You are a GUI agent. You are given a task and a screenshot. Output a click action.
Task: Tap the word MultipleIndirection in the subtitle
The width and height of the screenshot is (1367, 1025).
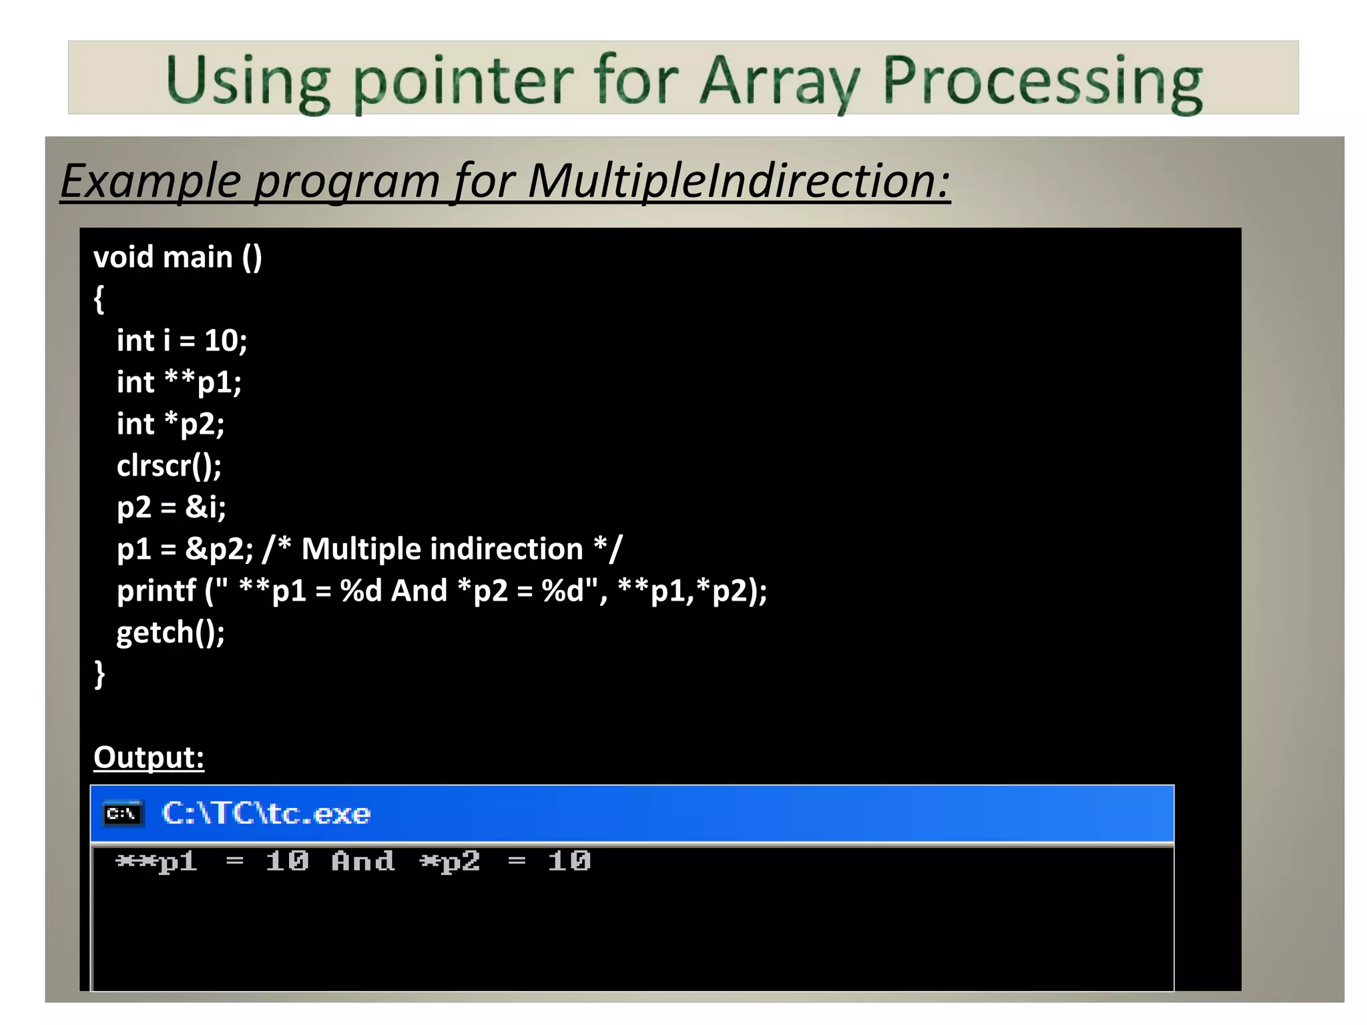(x=738, y=181)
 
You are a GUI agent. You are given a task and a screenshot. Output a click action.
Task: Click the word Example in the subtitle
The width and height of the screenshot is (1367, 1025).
(x=151, y=181)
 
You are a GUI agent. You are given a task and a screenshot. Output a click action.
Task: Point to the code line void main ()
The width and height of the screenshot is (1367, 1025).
(x=178, y=258)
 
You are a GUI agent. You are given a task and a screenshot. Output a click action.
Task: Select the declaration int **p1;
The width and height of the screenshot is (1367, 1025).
(x=179, y=382)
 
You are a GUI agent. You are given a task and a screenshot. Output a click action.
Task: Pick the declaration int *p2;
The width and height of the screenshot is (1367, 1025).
(x=170, y=424)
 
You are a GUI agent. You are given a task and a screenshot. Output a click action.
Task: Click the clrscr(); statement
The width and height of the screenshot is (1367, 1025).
(x=169, y=466)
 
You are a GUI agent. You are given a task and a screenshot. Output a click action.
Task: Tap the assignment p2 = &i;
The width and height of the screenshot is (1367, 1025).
(x=172, y=507)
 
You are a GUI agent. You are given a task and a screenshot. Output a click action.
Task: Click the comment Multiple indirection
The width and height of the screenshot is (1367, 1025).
(x=442, y=549)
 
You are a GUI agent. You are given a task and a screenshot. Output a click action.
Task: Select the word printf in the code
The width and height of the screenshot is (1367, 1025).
(x=156, y=591)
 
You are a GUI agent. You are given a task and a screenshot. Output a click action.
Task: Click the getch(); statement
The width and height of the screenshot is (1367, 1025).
(x=170, y=633)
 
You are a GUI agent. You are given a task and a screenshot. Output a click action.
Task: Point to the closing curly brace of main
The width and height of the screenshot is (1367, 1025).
(x=99, y=674)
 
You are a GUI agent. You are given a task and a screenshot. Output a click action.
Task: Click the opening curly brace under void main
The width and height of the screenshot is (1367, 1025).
(x=99, y=299)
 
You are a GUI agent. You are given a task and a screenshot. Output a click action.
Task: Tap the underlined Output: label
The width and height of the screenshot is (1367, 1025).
(x=149, y=757)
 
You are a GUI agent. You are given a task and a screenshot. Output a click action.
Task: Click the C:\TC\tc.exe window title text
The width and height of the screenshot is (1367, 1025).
(x=266, y=813)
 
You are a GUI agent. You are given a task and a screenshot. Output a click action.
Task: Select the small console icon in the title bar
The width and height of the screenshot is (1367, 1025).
(x=123, y=813)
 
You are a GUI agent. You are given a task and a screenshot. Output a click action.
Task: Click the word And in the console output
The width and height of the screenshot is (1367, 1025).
(x=363, y=862)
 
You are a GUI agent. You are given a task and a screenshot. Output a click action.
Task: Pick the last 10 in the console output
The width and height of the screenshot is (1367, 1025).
(x=569, y=862)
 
